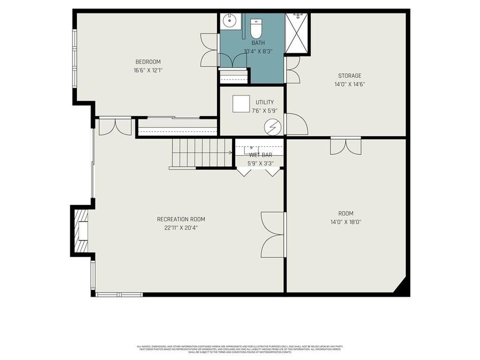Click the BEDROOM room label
[148, 62]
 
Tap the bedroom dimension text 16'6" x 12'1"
[148, 70]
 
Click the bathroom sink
[230, 22]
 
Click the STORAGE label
[349, 76]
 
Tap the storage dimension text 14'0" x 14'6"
[349, 84]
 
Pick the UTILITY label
[265, 102]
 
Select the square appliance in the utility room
[241, 103]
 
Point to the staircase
[202, 153]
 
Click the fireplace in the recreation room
[81, 230]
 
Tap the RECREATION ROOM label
[181, 219]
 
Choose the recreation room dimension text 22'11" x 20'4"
[181, 228]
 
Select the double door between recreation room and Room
[273, 234]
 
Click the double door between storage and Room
[346, 146]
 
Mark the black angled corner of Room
[402, 287]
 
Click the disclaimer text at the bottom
[240, 349]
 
